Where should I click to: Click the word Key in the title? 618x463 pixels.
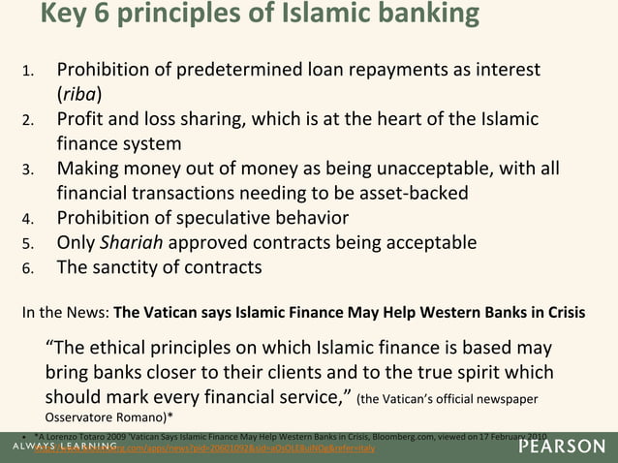click(65, 15)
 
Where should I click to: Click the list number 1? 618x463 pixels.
click(29, 73)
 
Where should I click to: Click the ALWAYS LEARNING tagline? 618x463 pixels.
click(63, 448)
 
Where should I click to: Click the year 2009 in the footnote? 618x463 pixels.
click(130, 437)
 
